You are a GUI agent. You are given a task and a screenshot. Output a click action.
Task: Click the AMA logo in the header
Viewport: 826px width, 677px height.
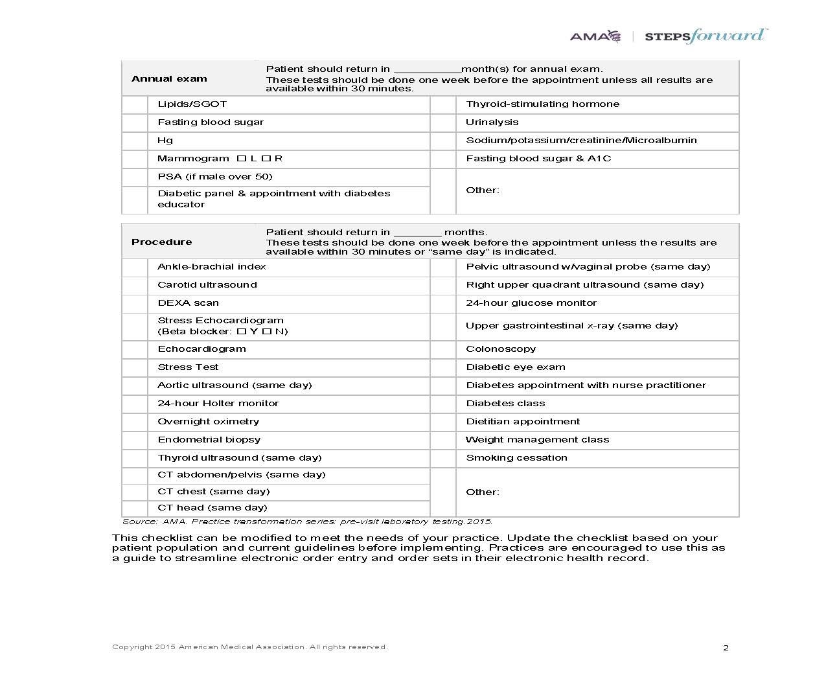tap(595, 36)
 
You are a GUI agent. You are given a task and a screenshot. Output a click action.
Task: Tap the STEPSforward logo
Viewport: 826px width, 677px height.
tap(706, 36)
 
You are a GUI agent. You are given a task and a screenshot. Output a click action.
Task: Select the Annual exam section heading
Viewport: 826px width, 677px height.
tap(169, 79)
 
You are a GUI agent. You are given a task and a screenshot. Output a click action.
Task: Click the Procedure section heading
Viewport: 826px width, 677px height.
tap(161, 242)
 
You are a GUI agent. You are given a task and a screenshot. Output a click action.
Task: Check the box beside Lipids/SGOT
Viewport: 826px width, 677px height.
tap(135, 104)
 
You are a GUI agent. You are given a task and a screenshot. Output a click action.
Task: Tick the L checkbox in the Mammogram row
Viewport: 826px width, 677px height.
tap(241, 159)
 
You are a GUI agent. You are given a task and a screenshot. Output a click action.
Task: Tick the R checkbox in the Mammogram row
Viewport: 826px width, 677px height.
tap(266, 159)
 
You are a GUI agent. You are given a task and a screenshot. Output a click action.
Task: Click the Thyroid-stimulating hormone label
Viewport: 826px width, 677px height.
tap(542, 104)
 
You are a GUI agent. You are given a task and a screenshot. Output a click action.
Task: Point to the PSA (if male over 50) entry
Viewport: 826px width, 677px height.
tap(214, 177)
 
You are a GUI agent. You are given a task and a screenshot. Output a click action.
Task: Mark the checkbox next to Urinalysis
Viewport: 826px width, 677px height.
tap(443, 122)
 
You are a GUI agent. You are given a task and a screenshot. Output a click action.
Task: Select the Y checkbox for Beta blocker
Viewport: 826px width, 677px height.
tap(241, 332)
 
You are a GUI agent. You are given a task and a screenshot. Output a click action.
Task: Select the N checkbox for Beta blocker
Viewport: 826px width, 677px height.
tap(266, 332)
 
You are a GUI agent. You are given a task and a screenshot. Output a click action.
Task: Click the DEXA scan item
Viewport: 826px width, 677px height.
tap(188, 303)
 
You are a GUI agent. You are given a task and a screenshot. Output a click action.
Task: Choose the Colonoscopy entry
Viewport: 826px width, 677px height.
tap(501, 349)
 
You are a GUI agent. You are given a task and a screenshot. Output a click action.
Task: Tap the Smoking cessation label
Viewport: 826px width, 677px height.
tap(516, 458)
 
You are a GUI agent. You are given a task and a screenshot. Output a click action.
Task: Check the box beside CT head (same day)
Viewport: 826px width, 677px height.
tap(135, 509)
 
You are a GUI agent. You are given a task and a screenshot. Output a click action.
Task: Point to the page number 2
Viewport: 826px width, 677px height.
tap(726, 648)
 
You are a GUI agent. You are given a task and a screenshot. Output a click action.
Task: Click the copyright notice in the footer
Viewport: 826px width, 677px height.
tap(249, 647)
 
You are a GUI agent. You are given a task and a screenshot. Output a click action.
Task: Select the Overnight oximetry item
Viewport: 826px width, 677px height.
tap(208, 422)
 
